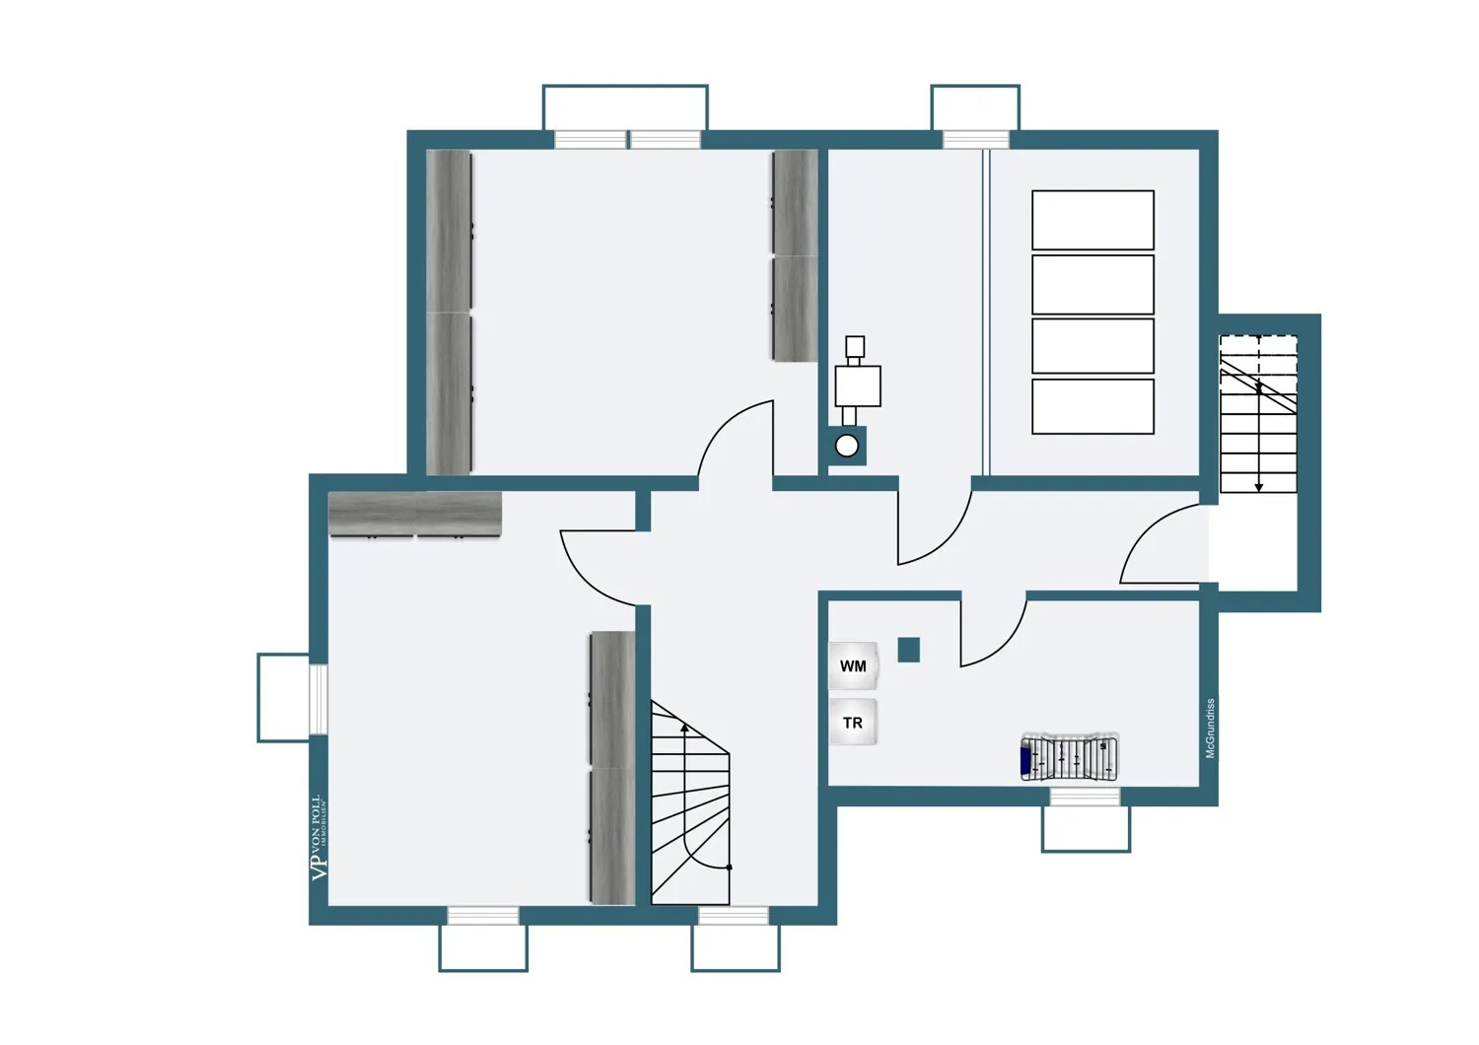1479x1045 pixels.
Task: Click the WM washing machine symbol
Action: (x=853, y=666)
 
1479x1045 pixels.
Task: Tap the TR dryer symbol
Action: (x=853, y=723)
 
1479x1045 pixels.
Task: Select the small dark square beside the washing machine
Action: (x=908, y=650)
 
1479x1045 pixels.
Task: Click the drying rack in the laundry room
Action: (x=1070, y=757)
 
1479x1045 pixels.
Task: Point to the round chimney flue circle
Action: (x=847, y=447)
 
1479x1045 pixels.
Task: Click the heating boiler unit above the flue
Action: (x=857, y=384)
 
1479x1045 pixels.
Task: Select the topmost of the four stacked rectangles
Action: (x=1092, y=220)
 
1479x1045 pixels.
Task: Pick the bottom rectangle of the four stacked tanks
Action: (x=1092, y=406)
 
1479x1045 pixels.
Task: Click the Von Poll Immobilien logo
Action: (x=317, y=837)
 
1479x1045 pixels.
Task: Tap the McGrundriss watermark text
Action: (x=1210, y=729)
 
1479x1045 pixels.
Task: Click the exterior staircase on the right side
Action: (x=1258, y=414)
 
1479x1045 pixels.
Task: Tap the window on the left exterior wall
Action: (x=317, y=699)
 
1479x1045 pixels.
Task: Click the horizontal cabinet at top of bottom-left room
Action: (x=415, y=515)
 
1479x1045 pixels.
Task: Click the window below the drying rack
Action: (x=1085, y=797)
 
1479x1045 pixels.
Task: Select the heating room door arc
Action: (x=932, y=527)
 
